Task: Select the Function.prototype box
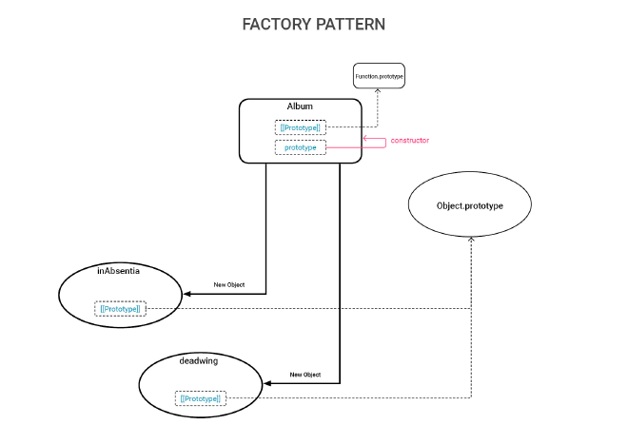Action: tap(380, 74)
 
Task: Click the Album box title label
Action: tap(300, 106)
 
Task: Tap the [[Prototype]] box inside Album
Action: tap(300, 127)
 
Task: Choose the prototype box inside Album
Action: tap(300, 148)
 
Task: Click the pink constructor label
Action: tap(409, 141)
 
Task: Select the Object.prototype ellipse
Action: tap(469, 205)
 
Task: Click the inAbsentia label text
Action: tap(119, 271)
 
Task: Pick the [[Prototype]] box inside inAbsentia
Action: tap(121, 308)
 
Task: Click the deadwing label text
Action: tap(200, 361)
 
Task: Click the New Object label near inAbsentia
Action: tap(229, 285)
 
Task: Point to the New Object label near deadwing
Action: tap(304, 375)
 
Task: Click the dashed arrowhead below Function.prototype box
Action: tap(379, 92)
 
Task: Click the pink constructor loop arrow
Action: tap(375, 144)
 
